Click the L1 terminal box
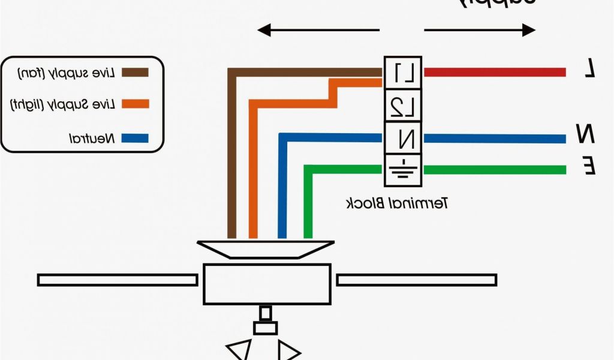[404, 73]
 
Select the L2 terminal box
[404, 106]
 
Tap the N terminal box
[404, 139]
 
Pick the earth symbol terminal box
[404, 170]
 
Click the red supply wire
[495, 73]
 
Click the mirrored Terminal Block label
[398, 203]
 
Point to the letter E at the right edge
[589, 165]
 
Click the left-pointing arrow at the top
[318, 29]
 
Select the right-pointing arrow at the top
[480, 29]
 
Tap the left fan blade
[118, 280]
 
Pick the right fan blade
[416, 280]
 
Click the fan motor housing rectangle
[267, 283]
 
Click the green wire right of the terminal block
[495, 170]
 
